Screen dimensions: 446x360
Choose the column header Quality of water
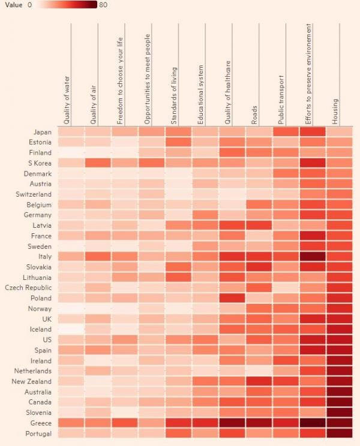[67, 99]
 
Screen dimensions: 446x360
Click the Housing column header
[335, 111]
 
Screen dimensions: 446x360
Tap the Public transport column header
[281, 98]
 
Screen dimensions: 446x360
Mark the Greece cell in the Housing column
[340, 423]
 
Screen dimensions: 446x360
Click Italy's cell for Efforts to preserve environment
[313, 257]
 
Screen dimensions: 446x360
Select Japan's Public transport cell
[286, 132]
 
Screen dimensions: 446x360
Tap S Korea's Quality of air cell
[97, 163]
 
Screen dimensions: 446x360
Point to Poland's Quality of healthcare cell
[232, 298]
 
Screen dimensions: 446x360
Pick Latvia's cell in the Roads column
[259, 225]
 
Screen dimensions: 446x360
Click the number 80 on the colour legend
[103, 5]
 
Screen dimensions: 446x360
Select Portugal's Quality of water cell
[70, 433]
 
